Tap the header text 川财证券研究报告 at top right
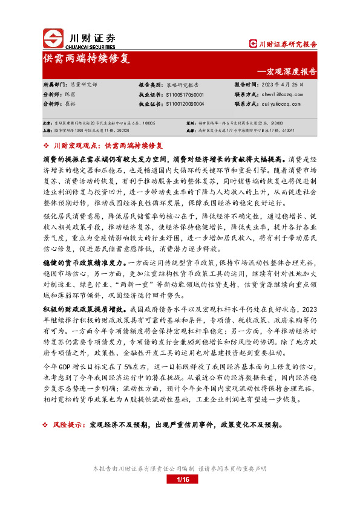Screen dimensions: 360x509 pyautogui.click(x=287, y=44)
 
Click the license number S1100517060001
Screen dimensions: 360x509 pyautogui.click(x=184, y=95)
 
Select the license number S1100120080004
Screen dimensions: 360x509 pyautogui.click(x=184, y=104)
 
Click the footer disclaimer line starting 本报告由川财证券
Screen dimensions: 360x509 pyautogui.click(x=180, y=468)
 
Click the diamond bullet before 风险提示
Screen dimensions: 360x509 pyautogui.click(x=47, y=426)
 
